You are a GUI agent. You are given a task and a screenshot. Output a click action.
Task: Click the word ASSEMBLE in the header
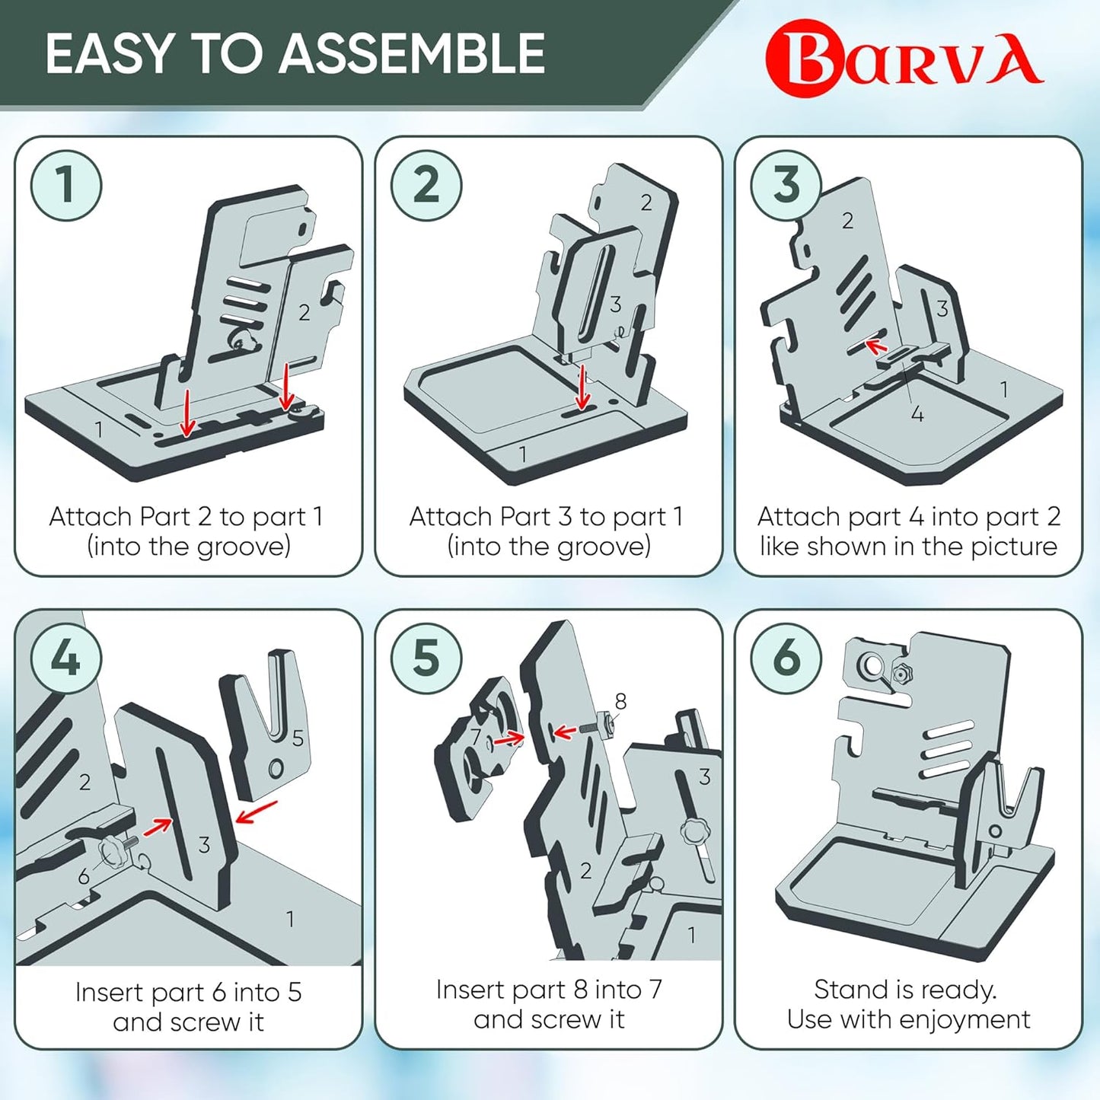[x=416, y=54]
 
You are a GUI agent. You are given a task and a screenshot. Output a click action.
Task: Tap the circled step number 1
[x=66, y=185]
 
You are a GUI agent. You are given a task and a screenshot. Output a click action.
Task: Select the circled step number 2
[x=426, y=185]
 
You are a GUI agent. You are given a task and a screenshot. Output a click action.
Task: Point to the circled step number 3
[x=786, y=185]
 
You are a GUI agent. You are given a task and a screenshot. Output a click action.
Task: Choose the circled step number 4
[x=66, y=658]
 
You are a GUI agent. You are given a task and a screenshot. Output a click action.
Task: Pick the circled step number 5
[x=426, y=658]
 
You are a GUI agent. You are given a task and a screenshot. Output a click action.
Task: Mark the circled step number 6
[x=786, y=658]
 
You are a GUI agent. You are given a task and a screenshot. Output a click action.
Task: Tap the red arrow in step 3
[x=877, y=347]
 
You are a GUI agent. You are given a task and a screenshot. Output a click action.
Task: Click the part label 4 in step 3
[x=917, y=414]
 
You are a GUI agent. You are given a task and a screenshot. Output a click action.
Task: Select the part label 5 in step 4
[x=298, y=738]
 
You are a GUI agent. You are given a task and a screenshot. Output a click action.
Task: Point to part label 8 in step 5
[x=620, y=701]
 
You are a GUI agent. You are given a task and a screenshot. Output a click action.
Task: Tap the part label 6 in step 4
[x=84, y=877]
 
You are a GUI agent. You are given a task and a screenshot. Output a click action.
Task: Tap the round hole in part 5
[x=276, y=767]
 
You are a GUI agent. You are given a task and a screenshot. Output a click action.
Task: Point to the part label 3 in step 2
[x=615, y=304]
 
